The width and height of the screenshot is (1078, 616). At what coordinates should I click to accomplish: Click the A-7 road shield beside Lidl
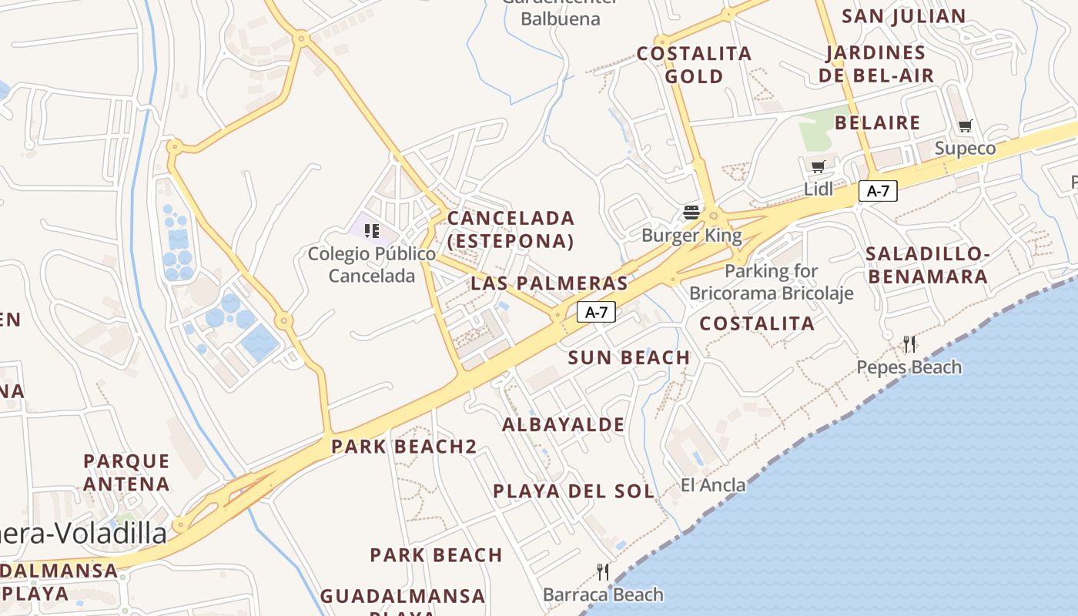point(878,191)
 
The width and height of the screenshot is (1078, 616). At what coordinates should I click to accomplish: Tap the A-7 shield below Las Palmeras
point(596,312)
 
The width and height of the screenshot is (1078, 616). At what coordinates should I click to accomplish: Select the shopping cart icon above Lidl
point(818,167)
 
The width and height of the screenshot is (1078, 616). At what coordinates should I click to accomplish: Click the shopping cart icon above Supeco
point(965,126)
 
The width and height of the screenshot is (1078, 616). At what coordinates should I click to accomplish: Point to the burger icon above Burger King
point(691,213)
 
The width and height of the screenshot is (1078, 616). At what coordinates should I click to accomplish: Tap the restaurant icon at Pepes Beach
point(909,344)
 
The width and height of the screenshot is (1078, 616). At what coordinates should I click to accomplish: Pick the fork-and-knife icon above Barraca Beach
point(603,571)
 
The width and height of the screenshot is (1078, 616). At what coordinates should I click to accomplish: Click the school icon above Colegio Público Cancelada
point(372,230)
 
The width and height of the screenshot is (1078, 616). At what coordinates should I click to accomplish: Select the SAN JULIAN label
point(903,16)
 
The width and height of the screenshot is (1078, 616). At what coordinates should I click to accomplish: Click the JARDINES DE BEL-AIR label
point(876,64)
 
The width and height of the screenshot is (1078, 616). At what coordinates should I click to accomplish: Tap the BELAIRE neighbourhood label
point(877,122)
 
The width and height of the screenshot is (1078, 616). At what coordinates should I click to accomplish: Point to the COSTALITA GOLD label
point(694,65)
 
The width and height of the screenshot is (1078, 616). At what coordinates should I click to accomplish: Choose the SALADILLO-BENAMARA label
point(926,265)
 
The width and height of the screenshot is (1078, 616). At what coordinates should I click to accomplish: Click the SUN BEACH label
point(629,357)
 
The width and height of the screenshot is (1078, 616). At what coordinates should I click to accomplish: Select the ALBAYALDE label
point(564,424)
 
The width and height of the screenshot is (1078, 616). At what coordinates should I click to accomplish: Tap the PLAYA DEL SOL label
point(574,490)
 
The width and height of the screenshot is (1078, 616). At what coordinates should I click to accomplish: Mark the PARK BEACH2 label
point(403,446)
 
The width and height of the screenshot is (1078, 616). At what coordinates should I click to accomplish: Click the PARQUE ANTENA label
point(126,472)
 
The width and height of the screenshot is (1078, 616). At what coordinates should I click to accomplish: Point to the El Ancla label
point(713,485)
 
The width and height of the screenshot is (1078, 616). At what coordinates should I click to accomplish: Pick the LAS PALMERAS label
point(549,283)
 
